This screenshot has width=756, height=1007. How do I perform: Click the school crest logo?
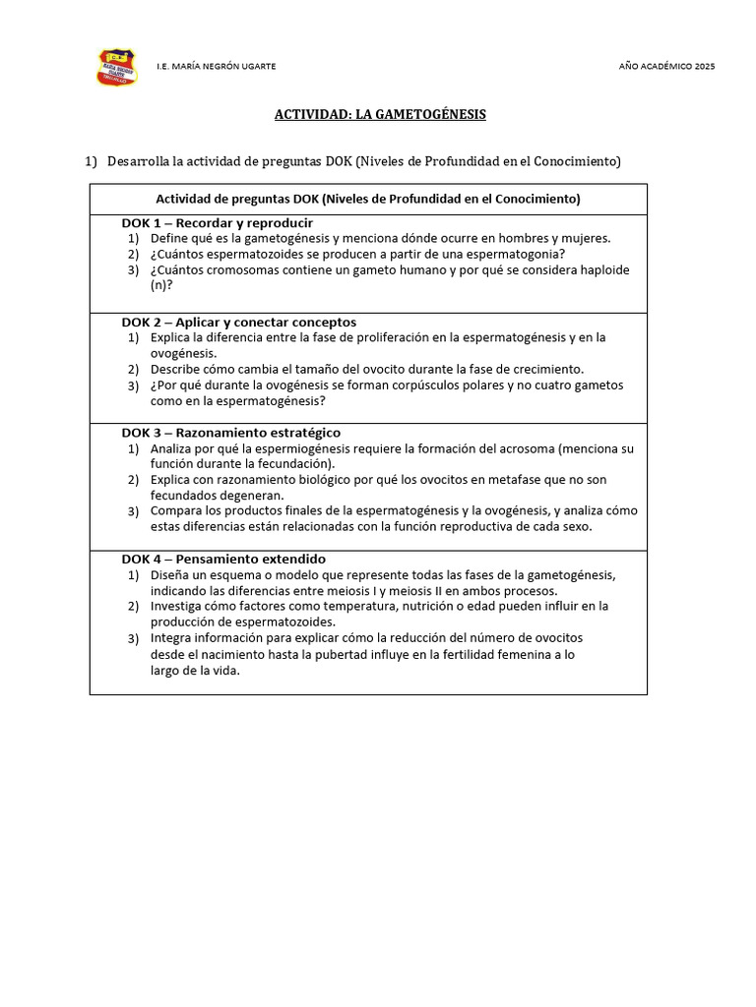116,67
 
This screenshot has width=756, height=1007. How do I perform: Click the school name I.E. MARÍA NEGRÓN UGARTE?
216,66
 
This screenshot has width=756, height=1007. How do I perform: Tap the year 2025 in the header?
705,66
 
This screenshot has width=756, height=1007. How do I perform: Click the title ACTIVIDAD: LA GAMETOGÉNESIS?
379,115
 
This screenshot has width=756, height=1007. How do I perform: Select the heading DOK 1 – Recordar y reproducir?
217,223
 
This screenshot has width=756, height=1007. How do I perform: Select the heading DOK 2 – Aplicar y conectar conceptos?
238,323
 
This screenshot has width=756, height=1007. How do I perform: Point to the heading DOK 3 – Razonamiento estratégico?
231,433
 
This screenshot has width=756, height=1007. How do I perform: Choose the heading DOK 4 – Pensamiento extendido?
223,559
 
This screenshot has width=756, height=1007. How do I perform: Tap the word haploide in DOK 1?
604,269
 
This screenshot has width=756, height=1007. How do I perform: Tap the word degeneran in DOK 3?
253,496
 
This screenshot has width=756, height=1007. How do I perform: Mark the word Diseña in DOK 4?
170,575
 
